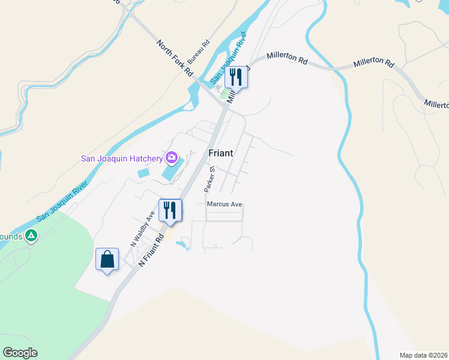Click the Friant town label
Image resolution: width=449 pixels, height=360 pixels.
click(x=220, y=153)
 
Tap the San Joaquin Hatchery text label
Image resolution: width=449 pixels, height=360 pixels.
click(x=122, y=158)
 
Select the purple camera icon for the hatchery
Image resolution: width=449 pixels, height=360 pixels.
click(x=172, y=158)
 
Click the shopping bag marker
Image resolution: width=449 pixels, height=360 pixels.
click(x=107, y=260)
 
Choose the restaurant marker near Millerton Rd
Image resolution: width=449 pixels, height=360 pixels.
click(x=236, y=77)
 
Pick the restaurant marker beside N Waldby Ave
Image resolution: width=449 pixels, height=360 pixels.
click(x=169, y=211)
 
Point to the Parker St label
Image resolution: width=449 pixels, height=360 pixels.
click(x=210, y=179)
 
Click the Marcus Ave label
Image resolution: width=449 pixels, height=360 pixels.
click(x=224, y=205)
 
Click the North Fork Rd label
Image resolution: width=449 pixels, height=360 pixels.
click(x=175, y=58)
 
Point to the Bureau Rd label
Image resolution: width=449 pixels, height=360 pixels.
click(x=198, y=52)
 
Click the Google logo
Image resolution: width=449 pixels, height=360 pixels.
click(x=20, y=353)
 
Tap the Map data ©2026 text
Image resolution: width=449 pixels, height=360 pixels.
click(x=423, y=355)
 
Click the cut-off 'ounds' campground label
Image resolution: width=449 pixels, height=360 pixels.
click(x=11, y=236)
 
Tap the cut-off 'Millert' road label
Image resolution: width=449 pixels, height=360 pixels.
click(x=436, y=104)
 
